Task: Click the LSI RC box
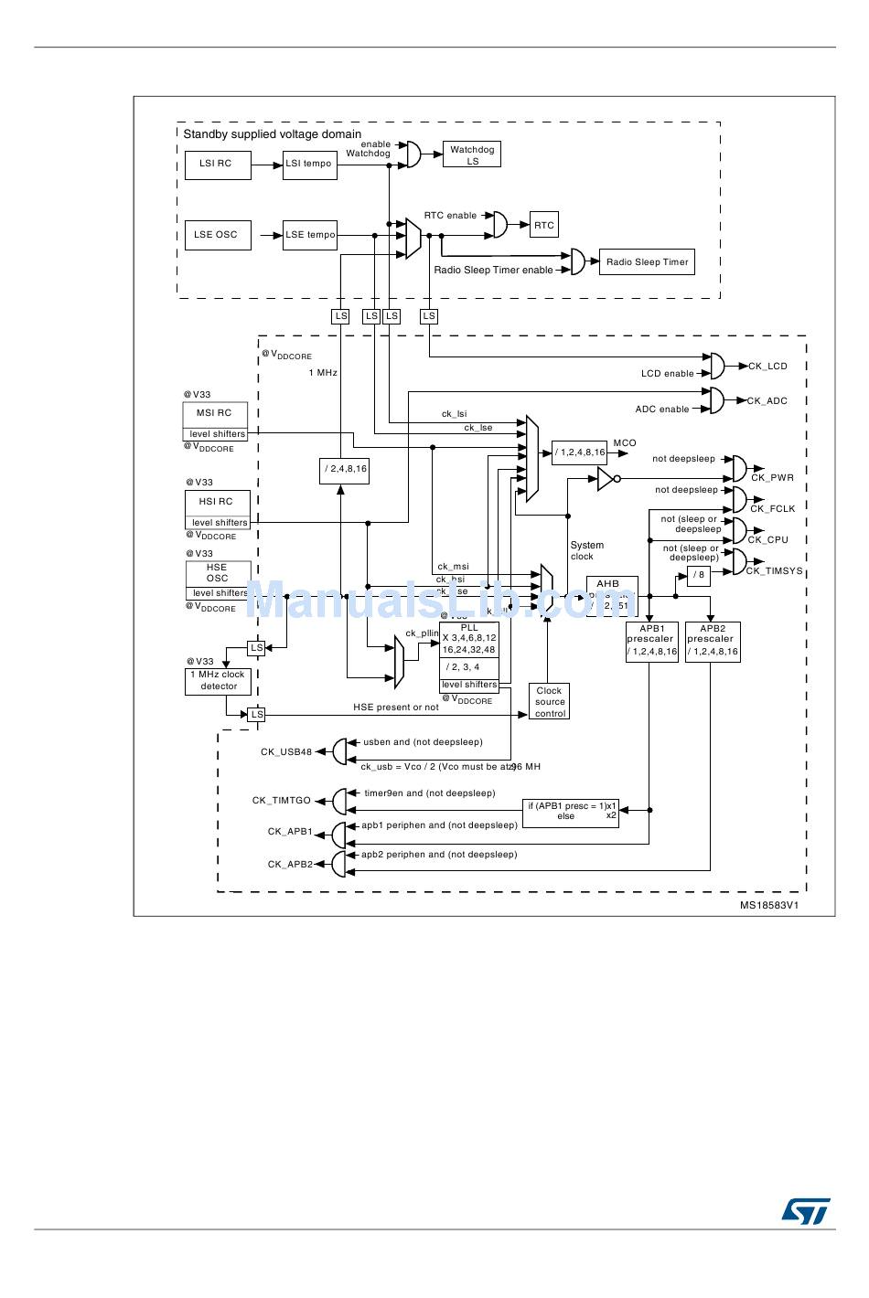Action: tap(217, 165)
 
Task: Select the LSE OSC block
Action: tap(217, 235)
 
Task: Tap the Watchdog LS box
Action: tap(472, 154)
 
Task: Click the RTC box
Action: tap(544, 225)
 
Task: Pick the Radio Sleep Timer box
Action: tap(647, 262)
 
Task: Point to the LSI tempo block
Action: tap(309, 165)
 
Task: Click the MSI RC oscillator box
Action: tap(215, 413)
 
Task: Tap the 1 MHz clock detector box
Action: tap(218, 681)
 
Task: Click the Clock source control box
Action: tap(549, 702)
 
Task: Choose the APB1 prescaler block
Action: tap(652, 641)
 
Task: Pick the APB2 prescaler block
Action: tap(713, 641)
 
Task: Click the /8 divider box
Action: tap(699, 575)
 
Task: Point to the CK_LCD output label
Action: tap(767, 367)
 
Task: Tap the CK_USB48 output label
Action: tap(286, 752)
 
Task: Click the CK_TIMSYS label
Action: tap(774, 571)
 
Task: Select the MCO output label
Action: tap(625, 443)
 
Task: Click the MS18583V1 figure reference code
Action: tap(769, 906)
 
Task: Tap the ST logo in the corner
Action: tap(806, 1210)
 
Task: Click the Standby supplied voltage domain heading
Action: tap(273, 134)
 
